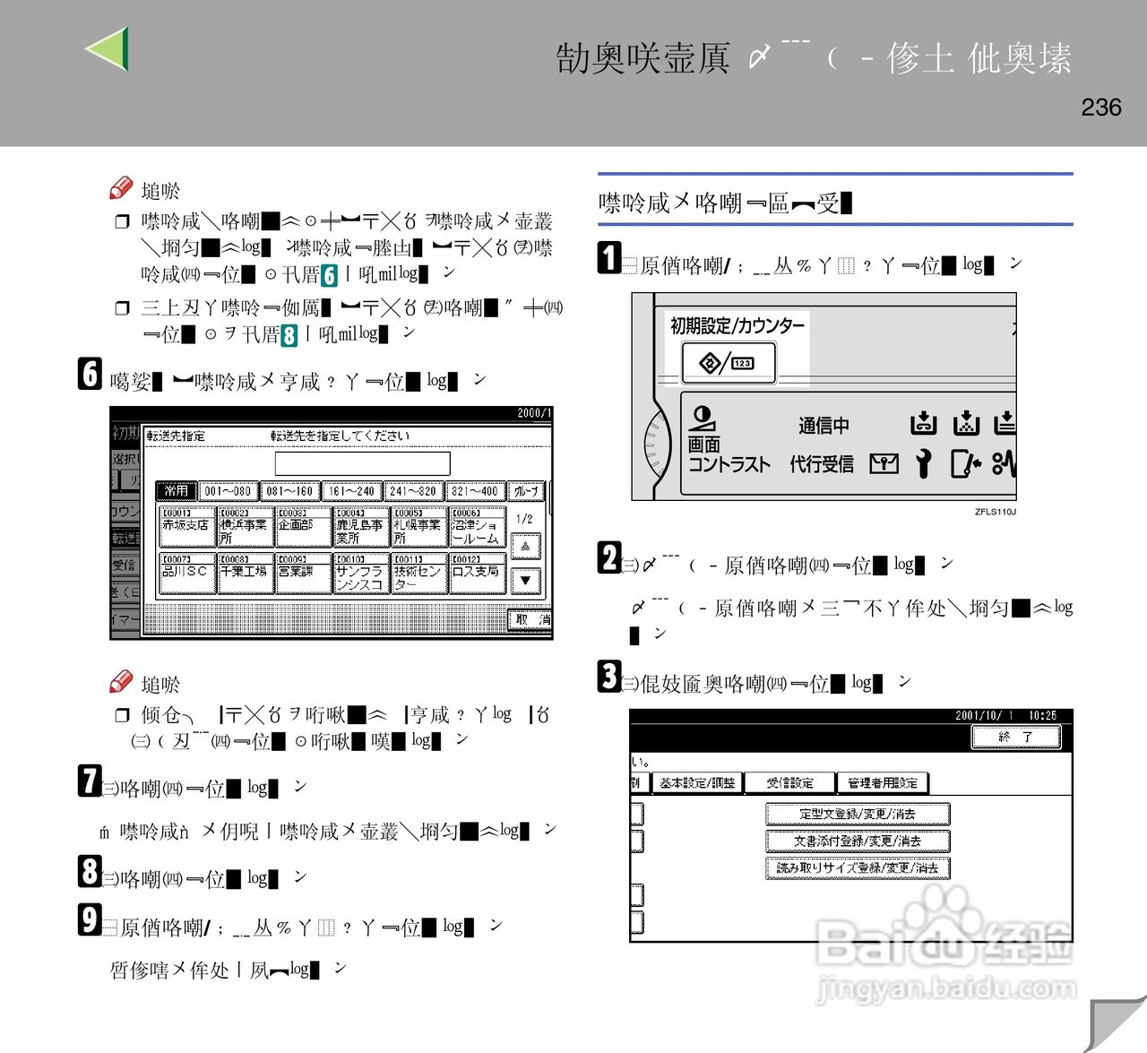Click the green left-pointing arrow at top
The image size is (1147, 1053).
[x=108, y=48]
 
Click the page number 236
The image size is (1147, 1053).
[x=1100, y=108]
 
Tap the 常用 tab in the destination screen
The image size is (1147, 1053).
[x=177, y=491]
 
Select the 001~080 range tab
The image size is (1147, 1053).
[x=228, y=491]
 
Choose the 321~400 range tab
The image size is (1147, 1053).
[x=474, y=491]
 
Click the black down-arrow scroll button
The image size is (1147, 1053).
[x=525, y=580]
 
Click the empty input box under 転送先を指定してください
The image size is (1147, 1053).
[x=362, y=463]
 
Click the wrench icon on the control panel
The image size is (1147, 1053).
[x=923, y=463]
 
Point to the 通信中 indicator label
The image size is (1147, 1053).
[x=824, y=426]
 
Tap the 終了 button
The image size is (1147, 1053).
[x=1015, y=737]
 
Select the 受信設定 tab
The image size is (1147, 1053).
[x=789, y=783]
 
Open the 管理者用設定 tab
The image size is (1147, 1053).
[x=882, y=783]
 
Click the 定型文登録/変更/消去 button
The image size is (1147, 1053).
[x=858, y=814]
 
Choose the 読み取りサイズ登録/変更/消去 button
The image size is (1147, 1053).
[x=858, y=867]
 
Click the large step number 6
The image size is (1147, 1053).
[x=90, y=374]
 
